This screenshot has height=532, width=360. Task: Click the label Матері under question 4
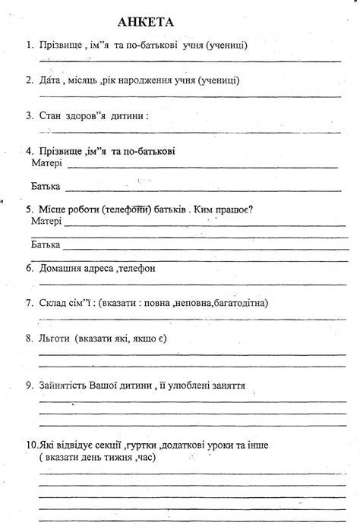[47, 162]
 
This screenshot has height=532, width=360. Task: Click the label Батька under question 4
[46, 186]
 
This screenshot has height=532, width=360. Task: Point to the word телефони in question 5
[127, 209]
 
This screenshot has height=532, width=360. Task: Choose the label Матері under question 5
[47, 222]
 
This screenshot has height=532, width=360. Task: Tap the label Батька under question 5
[46, 245]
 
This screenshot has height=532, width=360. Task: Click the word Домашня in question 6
[63, 269]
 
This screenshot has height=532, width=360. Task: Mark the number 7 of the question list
[29, 303]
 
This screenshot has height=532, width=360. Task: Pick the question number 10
[30, 445]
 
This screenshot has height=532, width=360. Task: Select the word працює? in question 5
[232, 209]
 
